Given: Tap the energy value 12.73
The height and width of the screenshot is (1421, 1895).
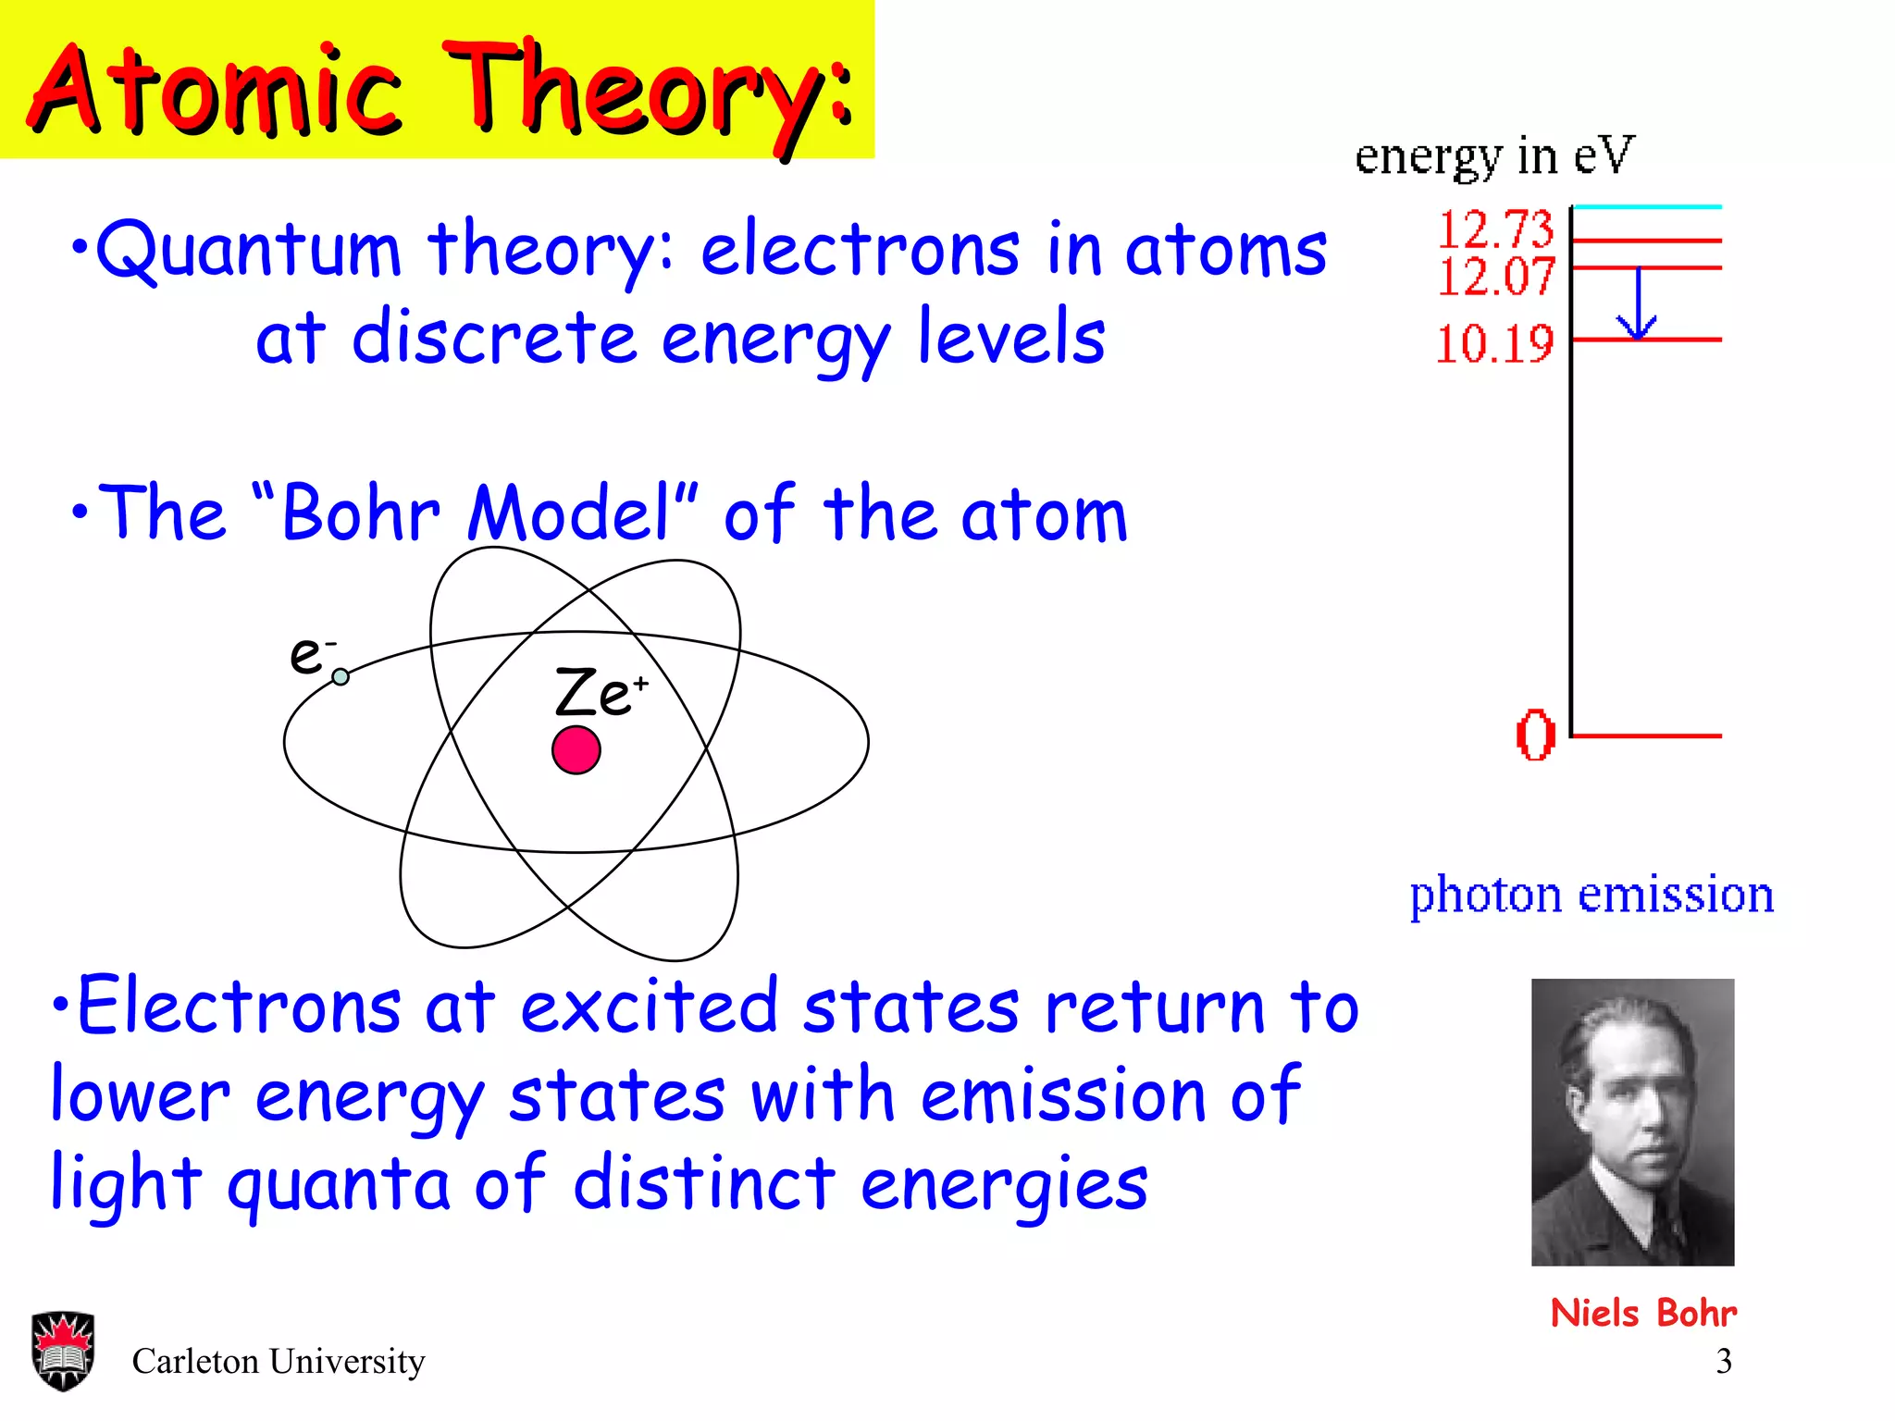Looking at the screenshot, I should coord(1494,229).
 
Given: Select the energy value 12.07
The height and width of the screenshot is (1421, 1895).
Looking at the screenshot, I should coord(1494,277).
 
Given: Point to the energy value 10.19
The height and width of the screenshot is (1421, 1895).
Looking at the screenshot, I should coord(1493,344).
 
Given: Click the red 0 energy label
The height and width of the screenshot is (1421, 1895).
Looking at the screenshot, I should coord(1535,735).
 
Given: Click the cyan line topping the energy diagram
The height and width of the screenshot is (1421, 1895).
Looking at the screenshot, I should coord(1647,206).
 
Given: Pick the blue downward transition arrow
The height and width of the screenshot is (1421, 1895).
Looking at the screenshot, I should coord(1637,305).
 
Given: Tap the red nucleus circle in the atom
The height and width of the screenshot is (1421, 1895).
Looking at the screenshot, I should coord(576,749).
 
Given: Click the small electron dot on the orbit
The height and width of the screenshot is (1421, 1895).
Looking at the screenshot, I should coord(341,676).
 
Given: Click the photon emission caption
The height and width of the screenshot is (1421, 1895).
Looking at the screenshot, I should coord(1591,896).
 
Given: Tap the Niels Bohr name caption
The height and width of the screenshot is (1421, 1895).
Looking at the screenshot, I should coord(1642,1313).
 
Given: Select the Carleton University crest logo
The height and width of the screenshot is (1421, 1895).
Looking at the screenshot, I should coord(62,1350).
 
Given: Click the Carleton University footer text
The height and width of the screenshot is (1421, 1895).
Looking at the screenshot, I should coord(278,1361).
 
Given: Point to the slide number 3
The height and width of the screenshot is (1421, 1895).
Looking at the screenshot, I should coord(1723,1361).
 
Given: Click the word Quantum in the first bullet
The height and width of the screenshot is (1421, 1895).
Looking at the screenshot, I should coord(248,250).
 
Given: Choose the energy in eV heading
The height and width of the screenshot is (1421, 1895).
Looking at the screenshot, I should coord(1493,155).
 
